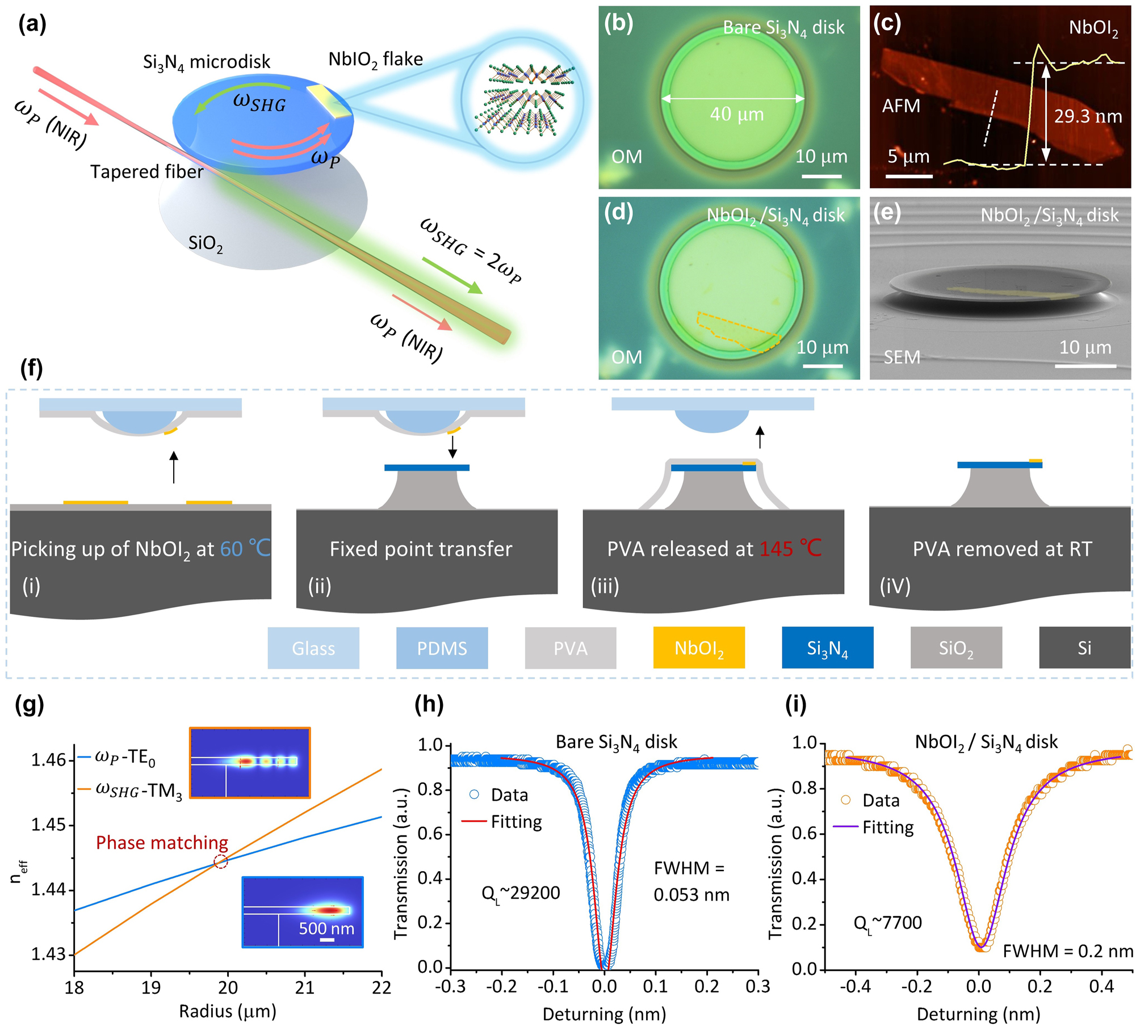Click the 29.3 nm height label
pos(1088,116)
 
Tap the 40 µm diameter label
pos(736,115)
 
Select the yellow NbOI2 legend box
pos(699,647)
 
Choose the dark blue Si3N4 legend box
pos(827,647)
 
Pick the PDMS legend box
pos(442,647)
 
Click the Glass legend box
pos(313,647)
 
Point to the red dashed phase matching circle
pos(220,861)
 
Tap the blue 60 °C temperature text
pos(245,548)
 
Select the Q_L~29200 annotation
pos(521,894)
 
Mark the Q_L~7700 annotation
pos(887,923)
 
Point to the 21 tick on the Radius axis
pos(304,988)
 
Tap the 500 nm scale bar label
pos(326,928)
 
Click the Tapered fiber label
pos(146,171)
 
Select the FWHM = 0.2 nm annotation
pos(1067,951)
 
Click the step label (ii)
pos(320,586)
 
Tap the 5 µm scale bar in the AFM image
pos(908,176)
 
